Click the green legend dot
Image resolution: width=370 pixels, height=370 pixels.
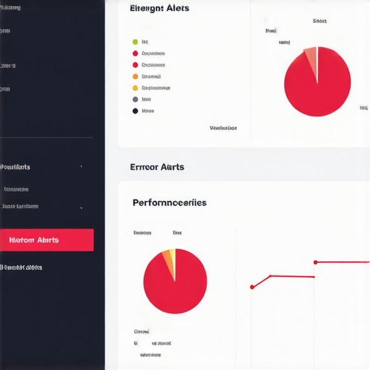tap(135, 42)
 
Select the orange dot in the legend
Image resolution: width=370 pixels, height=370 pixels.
tap(135, 76)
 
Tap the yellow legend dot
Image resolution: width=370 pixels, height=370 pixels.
tap(135, 87)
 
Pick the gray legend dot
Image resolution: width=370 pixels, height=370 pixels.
tap(135, 99)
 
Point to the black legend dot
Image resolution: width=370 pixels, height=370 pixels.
tap(135, 111)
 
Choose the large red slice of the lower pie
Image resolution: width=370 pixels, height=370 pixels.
tap(176, 285)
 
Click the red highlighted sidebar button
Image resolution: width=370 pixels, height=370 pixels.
tap(46, 240)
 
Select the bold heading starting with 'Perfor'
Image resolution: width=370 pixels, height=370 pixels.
tap(169, 202)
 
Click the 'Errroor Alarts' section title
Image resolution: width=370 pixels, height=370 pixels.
tap(157, 167)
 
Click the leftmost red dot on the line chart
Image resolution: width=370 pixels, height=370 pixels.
tap(251, 287)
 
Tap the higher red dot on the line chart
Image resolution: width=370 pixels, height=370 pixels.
tap(315, 262)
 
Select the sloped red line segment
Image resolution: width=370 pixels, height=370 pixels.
tap(260, 282)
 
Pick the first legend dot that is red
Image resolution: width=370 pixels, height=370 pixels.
tap(135, 53)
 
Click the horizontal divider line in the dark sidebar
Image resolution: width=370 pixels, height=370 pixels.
tap(46, 137)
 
